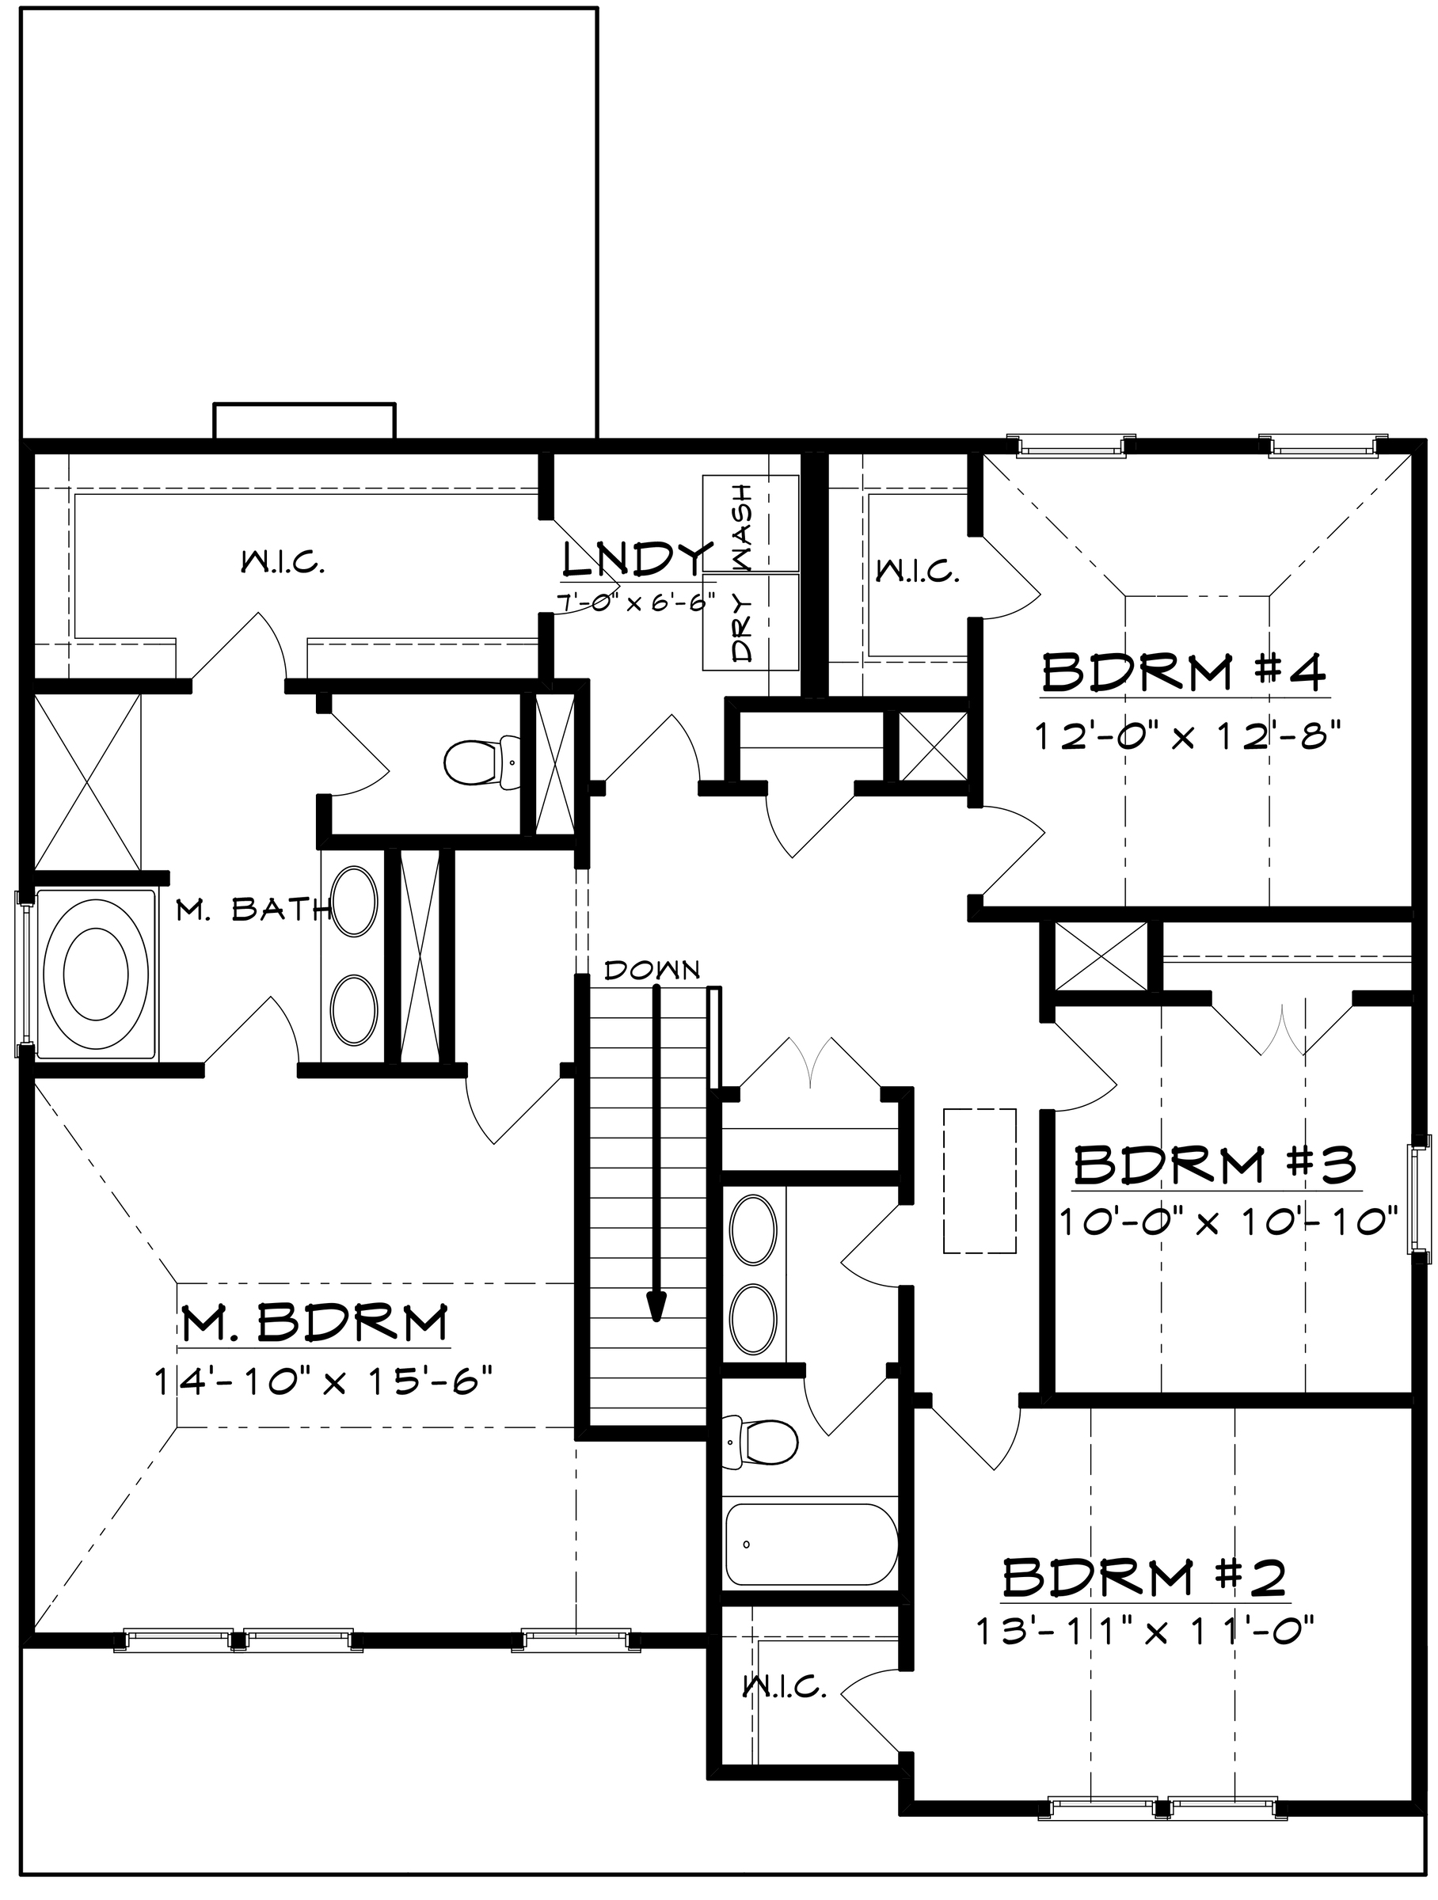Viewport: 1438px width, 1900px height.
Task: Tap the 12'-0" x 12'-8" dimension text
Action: point(1186,735)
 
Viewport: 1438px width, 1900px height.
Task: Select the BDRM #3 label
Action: point(1215,1165)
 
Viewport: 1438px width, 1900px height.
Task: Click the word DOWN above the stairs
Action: point(652,971)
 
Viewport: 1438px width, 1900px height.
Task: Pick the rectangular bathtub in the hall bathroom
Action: point(811,1545)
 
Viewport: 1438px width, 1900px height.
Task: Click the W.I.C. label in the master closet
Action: point(283,564)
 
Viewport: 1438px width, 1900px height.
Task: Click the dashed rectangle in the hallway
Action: point(980,1180)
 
